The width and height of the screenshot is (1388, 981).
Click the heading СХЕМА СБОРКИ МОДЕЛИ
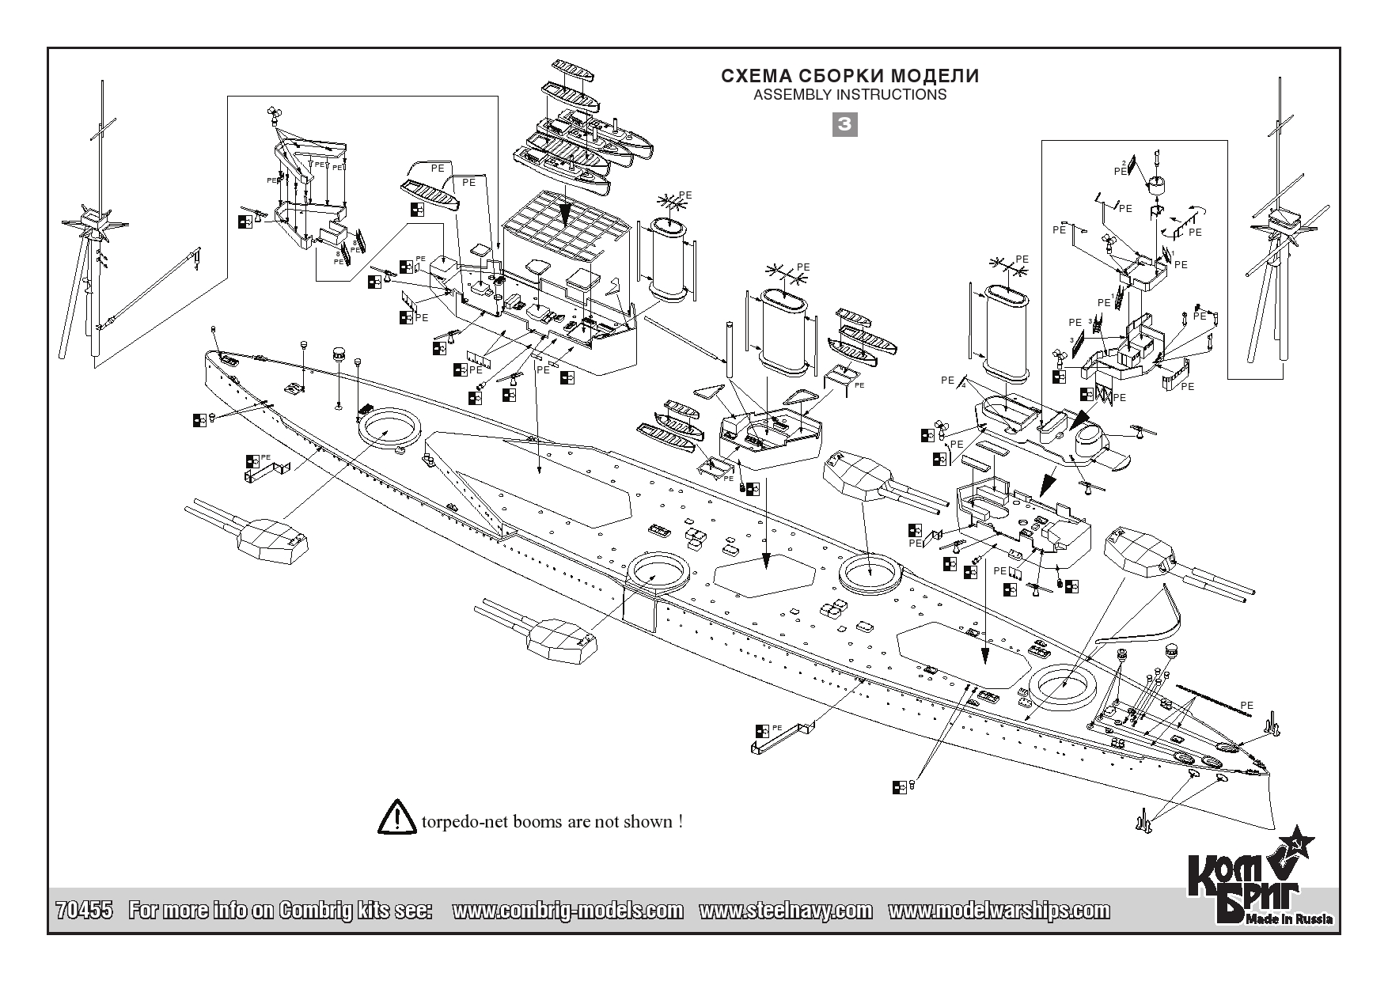coord(850,76)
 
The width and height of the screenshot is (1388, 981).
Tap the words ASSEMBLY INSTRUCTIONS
coord(850,95)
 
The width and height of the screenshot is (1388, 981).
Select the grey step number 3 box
coord(846,124)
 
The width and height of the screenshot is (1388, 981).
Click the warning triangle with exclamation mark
coord(397,818)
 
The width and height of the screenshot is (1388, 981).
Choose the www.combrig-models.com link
coord(567,911)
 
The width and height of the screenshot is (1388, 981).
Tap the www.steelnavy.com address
coord(785,911)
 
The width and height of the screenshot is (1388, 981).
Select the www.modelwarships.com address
coord(999,911)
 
